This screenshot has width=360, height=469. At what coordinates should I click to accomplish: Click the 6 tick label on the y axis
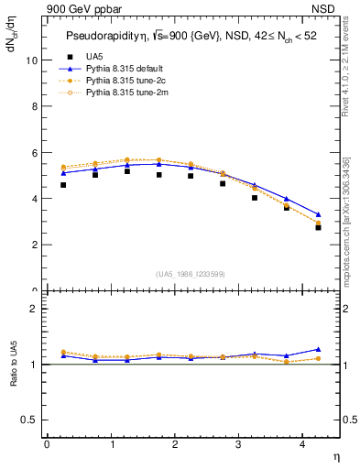coord(34,152)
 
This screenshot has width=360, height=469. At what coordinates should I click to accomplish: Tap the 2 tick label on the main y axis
coord(34,245)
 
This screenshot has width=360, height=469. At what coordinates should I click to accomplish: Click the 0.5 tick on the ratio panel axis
coord(29,420)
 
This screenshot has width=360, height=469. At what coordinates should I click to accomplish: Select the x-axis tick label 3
coord(238,444)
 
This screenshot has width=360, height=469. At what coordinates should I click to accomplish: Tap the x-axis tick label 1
coord(111,444)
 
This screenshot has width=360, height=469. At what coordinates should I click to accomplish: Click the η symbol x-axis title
coord(335,455)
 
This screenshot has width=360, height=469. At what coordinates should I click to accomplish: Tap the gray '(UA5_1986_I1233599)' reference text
coord(191,274)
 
